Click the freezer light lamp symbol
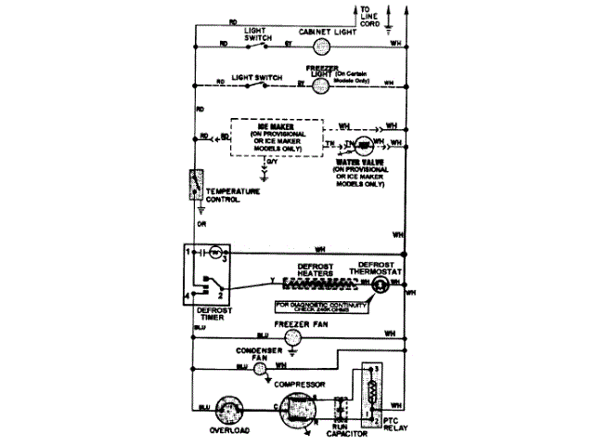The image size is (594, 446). pyautogui.click(x=320, y=83)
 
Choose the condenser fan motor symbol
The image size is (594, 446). pyautogui.click(x=261, y=366)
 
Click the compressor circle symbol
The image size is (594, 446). pyautogui.click(x=297, y=409)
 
